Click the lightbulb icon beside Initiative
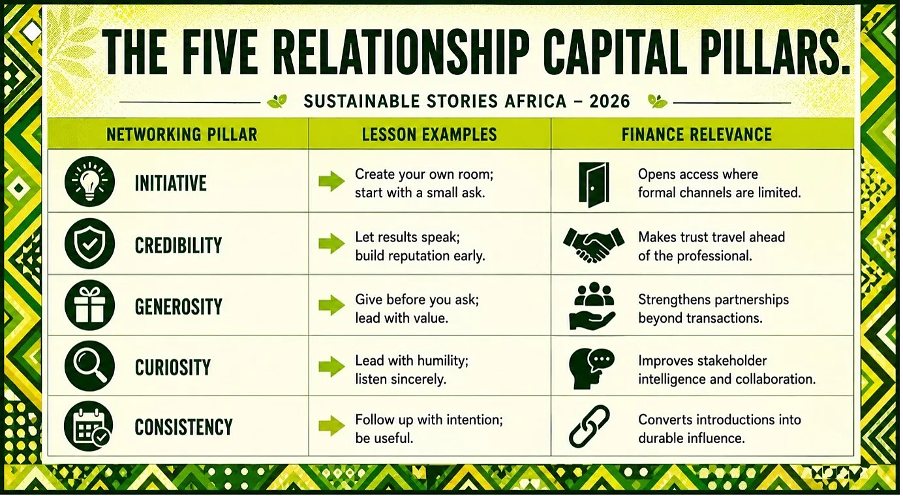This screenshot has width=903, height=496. click(x=89, y=182)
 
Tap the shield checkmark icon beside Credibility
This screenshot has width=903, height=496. click(x=89, y=244)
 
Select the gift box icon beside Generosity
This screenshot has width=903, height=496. click(x=89, y=305)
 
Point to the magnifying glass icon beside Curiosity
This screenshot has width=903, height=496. click(x=89, y=366)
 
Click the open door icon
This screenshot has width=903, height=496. click(x=594, y=185)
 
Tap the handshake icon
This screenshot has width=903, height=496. click(x=593, y=245)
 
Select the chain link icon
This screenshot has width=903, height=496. click(x=589, y=426)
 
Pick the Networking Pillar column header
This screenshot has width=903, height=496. click(x=182, y=134)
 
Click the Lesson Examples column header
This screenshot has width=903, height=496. click(x=429, y=134)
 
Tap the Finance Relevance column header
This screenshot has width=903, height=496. click(x=697, y=134)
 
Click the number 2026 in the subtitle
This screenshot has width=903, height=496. click(x=609, y=101)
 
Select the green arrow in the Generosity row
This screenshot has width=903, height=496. click(x=331, y=305)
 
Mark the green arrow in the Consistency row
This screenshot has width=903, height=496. click(x=331, y=426)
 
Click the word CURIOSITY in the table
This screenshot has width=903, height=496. click(x=173, y=367)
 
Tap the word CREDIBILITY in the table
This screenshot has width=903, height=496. click(x=178, y=245)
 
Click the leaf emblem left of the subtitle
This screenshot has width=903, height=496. click(x=277, y=101)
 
